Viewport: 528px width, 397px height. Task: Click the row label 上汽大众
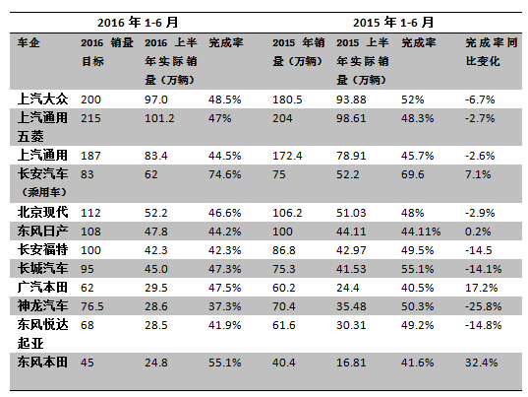42,99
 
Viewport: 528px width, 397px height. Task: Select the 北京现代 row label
42,213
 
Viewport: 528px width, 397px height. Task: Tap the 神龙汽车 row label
42,306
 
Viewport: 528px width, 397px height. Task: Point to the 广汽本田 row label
42,288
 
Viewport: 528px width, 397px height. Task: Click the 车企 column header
29,42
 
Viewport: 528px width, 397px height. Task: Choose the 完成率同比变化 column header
492,52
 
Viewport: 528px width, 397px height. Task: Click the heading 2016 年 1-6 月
138,23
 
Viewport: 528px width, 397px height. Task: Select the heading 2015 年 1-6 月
393,23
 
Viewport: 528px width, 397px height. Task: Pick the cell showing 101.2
159,118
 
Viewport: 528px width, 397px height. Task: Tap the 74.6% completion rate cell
224,174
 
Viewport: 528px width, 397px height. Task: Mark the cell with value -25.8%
483,306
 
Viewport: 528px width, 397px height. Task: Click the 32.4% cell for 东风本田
482,363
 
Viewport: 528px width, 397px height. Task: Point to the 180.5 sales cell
287,99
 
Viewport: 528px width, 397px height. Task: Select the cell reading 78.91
351,156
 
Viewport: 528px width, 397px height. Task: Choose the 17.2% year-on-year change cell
482,288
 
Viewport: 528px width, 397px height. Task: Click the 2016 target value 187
90,156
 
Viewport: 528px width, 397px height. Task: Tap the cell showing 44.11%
421,232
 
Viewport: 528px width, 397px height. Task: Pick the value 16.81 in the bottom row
351,363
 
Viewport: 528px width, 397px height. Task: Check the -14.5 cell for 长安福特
479,250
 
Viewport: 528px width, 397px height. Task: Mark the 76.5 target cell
92,306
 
